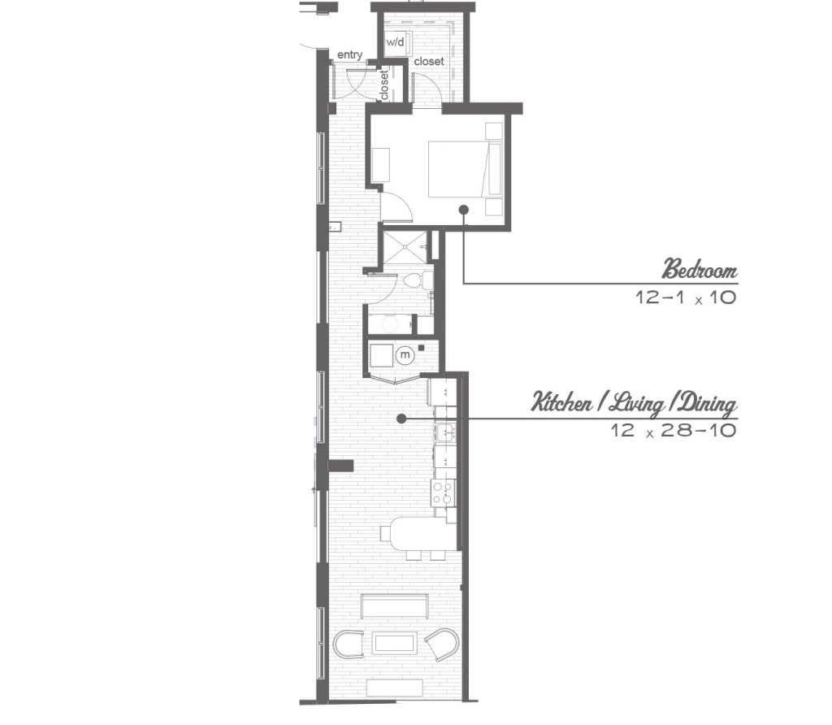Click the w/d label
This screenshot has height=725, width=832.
pyautogui.click(x=395, y=42)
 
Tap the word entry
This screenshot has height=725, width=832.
pyautogui.click(x=349, y=54)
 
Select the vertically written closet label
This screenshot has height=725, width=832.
pyautogui.click(x=384, y=85)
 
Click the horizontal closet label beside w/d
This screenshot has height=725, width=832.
pyautogui.click(x=429, y=62)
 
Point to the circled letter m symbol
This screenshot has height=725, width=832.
pyautogui.click(x=405, y=354)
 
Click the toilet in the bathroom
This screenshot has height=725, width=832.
pyautogui.click(x=418, y=279)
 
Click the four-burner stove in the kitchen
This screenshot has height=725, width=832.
pyautogui.click(x=443, y=493)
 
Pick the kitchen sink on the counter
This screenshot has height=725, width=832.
pyautogui.click(x=444, y=432)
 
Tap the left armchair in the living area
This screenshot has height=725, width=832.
pyautogui.click(x=348, y=645)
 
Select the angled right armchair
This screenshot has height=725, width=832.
pyautogui.click(x=441, y=644)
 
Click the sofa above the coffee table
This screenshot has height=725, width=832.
pyautogui.click(x=394, y=606)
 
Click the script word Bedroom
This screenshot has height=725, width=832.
pyautogui.click(x=700, y=269)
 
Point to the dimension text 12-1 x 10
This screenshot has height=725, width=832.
pyautogui.click(x=687, y=297)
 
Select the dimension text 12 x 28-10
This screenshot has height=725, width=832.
pyautogui.click(x=674, y=430)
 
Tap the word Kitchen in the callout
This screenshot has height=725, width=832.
pyautogui.click(x=562, y=402)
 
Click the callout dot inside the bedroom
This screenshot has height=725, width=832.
pyautogui.click(x=464, y=210)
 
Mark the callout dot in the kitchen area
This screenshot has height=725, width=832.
pyautogui.click(x=401, y=419)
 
